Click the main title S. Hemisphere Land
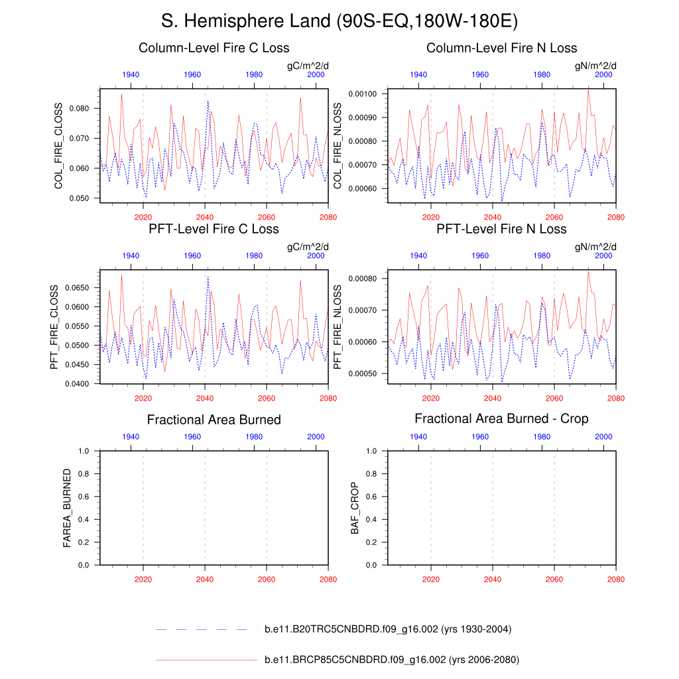point(339,21)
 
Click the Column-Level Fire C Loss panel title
point(214,48)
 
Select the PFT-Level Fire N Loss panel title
point(501,229)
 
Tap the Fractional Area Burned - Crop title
point(501,418)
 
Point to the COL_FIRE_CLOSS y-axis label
point(58,146)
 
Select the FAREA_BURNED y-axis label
point(67,508)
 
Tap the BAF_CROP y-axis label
point(354,508)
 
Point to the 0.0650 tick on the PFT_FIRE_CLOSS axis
point(82,288)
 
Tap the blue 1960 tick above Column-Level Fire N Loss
point(480,75)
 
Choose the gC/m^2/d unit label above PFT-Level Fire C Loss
point(308,247)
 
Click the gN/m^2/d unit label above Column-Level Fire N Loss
point(595,66)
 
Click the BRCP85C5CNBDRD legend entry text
point(391,660)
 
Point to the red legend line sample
point(206,660)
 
